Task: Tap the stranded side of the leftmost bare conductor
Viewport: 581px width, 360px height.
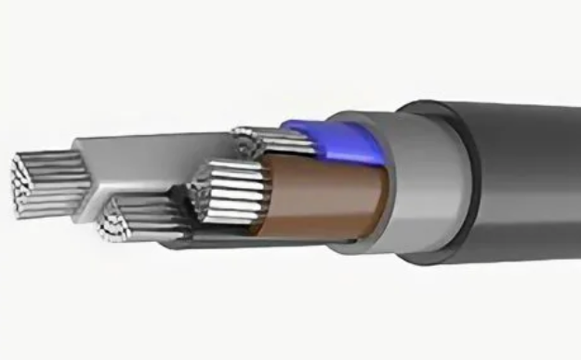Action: point(61,177)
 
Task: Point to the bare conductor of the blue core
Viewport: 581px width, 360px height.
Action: point(265,141)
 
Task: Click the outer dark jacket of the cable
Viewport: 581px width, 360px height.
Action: point(530,186)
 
